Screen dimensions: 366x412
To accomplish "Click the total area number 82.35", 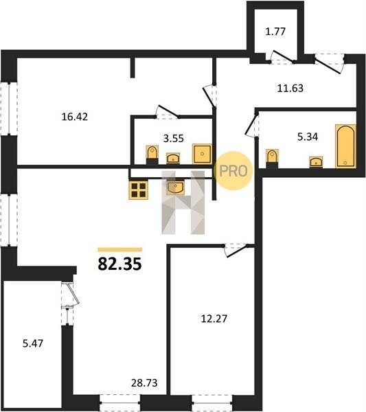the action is (x=119, y=264).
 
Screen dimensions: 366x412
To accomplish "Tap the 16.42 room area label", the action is (x=75, y=117).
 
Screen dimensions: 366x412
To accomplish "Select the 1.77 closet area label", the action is (x=275, y=32).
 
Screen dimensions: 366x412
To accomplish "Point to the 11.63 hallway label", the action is (x=290, y=89).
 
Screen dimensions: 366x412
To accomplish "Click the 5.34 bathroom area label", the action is (x=308, y=137).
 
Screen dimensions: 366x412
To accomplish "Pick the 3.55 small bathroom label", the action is (x=174, y=138).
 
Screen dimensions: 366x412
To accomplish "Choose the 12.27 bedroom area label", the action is (x=214, y=319).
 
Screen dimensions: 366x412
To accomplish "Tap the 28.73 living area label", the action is (x=144, y=383).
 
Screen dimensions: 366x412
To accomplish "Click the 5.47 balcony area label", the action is (x=33, y=343).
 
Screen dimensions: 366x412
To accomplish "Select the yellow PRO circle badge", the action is (x=233, y=171).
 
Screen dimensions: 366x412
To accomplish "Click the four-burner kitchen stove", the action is (x=139, y=190).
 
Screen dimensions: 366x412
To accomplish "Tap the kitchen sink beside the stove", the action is (x=175, y=187).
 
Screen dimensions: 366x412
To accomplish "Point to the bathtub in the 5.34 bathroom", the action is (x=345, y=146).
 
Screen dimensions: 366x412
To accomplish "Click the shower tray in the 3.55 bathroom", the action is (x=202, y=154).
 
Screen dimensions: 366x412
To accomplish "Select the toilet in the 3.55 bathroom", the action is (x=152, y=154).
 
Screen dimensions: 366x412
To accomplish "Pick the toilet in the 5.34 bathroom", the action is (x=272, y=158).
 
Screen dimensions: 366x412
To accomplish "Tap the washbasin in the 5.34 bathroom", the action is (x=317, y=161).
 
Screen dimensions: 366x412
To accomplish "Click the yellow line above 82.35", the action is (x=119, y=250).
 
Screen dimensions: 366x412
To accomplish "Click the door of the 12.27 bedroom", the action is (x=236, y=251).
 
